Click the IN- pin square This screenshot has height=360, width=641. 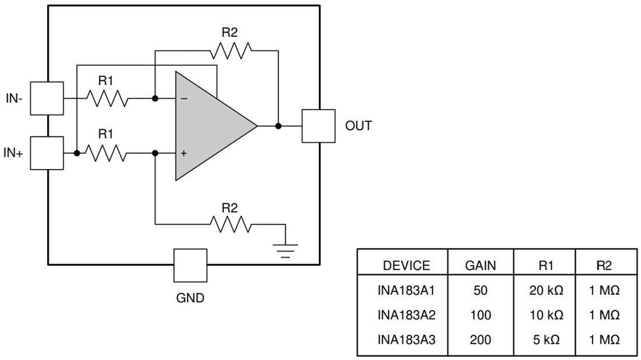[x=47, y=98]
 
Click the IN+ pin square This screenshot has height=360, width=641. [x=47, y=153]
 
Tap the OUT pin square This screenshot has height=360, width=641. [x=318, y=126]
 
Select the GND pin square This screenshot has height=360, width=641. [x=191, y=266]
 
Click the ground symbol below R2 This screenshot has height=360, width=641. [x=285, y=249]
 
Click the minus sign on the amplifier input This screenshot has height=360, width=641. [x=184, y=99]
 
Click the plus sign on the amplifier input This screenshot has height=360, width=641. [x=184, y=153]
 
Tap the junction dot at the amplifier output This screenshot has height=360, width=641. [x=279, y=126]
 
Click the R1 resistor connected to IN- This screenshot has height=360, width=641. [x=108, y=98]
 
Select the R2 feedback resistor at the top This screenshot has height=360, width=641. [x=231, y=51]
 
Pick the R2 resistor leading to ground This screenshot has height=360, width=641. [x=231, y=224]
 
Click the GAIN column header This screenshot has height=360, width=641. [x=480, y=266]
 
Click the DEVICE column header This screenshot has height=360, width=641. [x=406, y=266]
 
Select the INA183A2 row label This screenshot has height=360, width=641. [x=406, y=315]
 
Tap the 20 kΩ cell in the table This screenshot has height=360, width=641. [x=546, y=290]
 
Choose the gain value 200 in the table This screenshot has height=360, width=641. [x=480, y=340]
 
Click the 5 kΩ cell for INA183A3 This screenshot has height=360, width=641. [x=546, y=340]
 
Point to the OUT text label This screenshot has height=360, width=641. [x=358, y=126]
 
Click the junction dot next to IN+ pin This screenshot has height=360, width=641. [x=77, y=153]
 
